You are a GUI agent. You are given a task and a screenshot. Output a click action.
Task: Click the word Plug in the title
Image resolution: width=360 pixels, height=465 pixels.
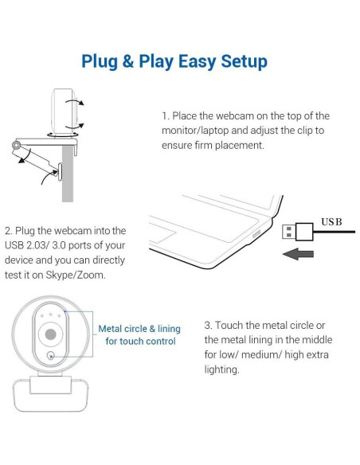[99, 61]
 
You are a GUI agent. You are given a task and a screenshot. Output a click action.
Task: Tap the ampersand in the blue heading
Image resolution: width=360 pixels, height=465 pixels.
[127, 61]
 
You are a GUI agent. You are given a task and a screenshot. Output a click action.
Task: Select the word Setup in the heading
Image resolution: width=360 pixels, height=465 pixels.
[244, 61]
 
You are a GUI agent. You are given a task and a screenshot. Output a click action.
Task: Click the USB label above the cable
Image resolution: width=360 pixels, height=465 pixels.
[331, 222]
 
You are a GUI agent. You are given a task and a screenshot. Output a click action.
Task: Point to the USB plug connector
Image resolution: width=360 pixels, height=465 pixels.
[297, 232]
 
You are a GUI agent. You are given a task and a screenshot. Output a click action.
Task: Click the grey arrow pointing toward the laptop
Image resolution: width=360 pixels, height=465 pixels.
[298, 254]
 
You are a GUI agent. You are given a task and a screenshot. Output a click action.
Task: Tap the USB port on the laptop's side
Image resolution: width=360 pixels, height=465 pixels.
[256, 234]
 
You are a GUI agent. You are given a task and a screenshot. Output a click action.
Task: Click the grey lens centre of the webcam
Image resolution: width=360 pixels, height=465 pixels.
[51, 334]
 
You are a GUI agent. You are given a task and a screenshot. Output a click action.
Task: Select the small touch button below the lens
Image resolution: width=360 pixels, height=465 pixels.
[51, 356]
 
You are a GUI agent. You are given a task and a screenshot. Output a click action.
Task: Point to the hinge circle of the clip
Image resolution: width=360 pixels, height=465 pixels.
[16, 145]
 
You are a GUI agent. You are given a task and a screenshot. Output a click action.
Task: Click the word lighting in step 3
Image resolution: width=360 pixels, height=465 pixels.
[221, 369]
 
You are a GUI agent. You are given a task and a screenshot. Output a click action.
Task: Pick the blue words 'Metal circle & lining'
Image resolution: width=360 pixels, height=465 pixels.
[139, 329]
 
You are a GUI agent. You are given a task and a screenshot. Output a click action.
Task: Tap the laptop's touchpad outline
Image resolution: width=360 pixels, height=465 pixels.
[162, 235]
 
